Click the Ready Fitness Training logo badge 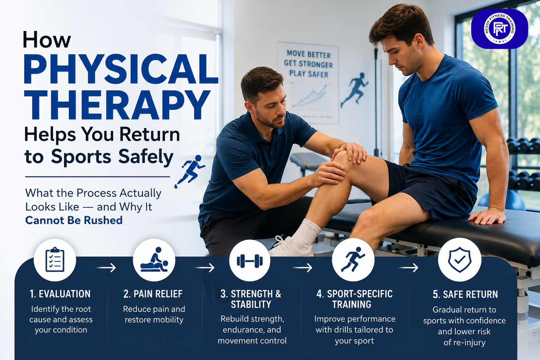point(500,29)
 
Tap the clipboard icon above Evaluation point(55,260)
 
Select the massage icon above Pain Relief point(154,260)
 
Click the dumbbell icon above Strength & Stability point(250,261)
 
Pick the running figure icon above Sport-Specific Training point(353,259)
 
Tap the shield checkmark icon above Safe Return point(459,260)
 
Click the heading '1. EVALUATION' point(60,294)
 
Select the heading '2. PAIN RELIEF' point(153,294)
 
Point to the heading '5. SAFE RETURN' point(465,294)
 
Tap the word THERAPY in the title point(117,105)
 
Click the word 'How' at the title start point(47,39)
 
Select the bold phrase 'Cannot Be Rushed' point(74,220)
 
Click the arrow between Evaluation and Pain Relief point(106,268)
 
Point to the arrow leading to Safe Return point(408,268)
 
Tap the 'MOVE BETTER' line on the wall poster point(309,54)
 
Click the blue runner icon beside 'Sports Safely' point(190,171)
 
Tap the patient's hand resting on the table point(487,216)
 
